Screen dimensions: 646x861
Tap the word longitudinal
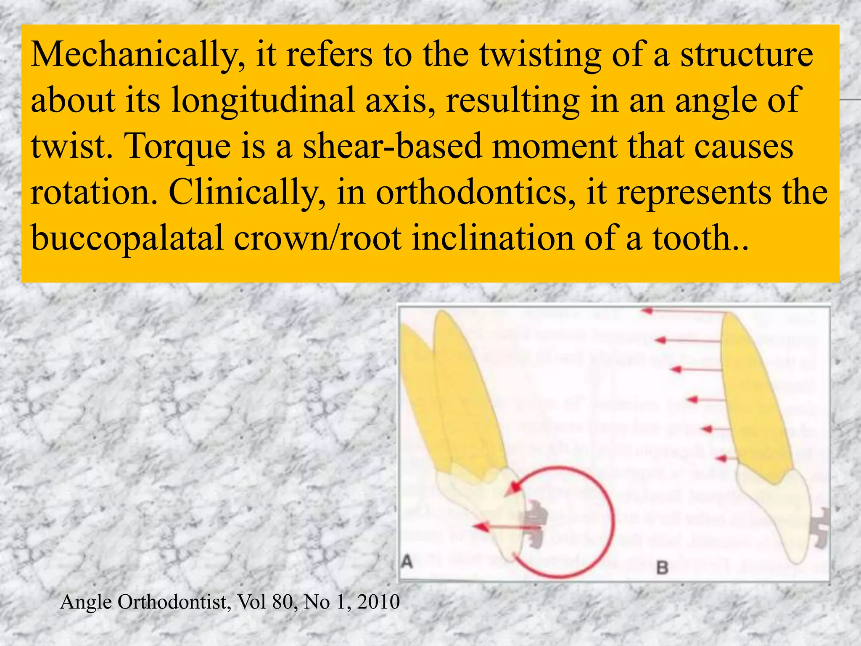coord(263,101)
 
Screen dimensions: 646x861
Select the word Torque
coord(178,146)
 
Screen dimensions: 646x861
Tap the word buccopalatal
coord(127,238)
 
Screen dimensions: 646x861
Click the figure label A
coord(407,561)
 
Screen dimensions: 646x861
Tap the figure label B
coord(662,568)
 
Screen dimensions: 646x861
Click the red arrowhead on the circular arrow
coord(513,488)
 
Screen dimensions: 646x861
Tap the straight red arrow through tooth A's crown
coord(504,527)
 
